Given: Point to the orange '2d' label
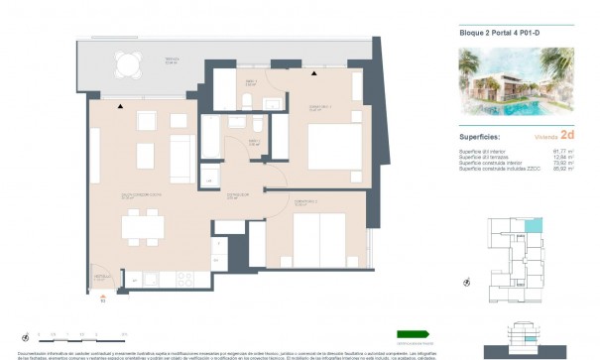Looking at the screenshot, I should (x=567, y=138).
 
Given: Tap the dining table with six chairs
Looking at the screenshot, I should (x=143, y=227).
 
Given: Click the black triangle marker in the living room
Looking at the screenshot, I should (x=120, y=106).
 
